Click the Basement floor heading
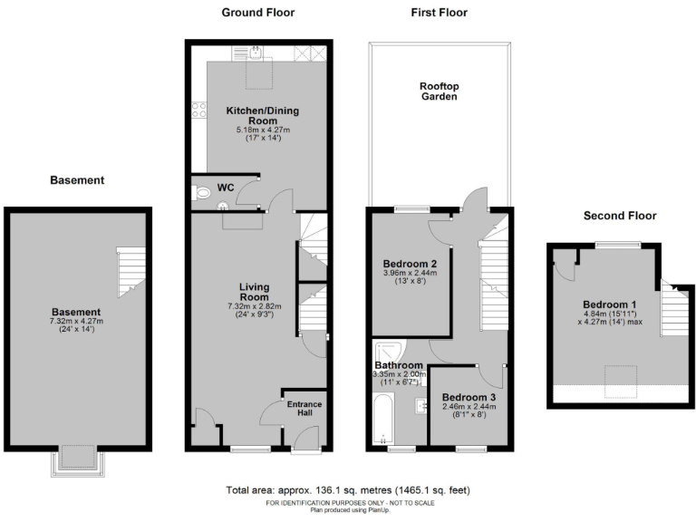pyautogui.click(x=77, y=180)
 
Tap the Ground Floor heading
pyautogui.click(x=258, y=13)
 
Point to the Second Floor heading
pyautogui.click(x=621, y=216)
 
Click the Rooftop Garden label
pyautogui.click(x=439, y=91)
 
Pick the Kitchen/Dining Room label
pyautogui.click(x=262, y=115)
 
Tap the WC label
pyautogui.click(x=226, y=188)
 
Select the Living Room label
pyautogui.click(x=255, y=293)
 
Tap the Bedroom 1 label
pyautogui.click(x=608, y=304)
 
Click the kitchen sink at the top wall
pyautogui.click(x=258, y=53)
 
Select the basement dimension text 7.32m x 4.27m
pyautogui.click(x=77, y=322)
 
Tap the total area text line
pyautogui.click(x=348, y=490)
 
